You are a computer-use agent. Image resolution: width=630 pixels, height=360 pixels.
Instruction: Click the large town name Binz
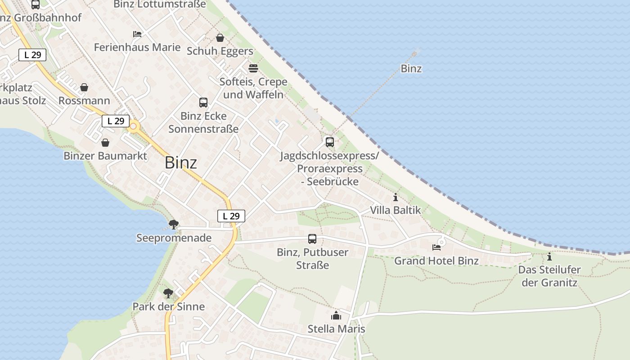pos(181,162)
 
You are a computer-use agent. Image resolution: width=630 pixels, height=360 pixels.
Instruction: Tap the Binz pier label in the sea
pos(411,69)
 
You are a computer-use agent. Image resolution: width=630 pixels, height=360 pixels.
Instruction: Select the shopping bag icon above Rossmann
pos(84,87)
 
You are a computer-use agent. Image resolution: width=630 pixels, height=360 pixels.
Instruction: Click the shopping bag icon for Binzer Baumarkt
pos(105,143)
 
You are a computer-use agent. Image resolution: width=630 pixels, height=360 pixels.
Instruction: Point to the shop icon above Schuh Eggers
pos(220,38)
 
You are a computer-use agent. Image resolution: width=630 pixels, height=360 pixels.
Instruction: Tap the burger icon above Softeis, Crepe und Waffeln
pos(253,68)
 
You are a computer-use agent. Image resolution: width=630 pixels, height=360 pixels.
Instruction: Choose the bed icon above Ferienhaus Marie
pos(137,34)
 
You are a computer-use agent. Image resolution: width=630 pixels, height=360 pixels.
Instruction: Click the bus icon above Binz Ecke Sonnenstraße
pos(203,103)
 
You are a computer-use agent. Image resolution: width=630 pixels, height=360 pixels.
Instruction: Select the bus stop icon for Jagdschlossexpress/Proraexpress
pos(330,142)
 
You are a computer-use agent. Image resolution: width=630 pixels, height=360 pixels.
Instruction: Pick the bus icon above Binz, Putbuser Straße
pos(312,239)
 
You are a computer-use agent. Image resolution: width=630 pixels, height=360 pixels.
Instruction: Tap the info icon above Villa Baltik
pos(396,197)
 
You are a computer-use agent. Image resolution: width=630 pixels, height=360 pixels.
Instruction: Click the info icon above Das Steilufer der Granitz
pos(549,257)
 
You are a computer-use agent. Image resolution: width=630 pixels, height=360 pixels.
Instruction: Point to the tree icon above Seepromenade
pos(173,224)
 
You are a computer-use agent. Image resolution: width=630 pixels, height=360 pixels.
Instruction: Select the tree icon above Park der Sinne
pos(168,293)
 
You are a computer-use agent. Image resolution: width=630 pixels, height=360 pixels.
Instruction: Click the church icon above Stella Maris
pos(336,316)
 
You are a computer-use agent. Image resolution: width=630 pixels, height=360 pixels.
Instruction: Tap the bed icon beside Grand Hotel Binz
pos(436,247)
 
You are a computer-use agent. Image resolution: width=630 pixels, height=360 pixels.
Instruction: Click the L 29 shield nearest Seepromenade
pos(231,216)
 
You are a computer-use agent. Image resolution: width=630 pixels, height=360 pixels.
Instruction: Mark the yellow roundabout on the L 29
pos(133,127)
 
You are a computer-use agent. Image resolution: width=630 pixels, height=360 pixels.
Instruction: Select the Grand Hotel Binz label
pos(436,261)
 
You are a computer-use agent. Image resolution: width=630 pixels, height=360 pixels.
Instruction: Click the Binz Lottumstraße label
pos(160,4)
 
